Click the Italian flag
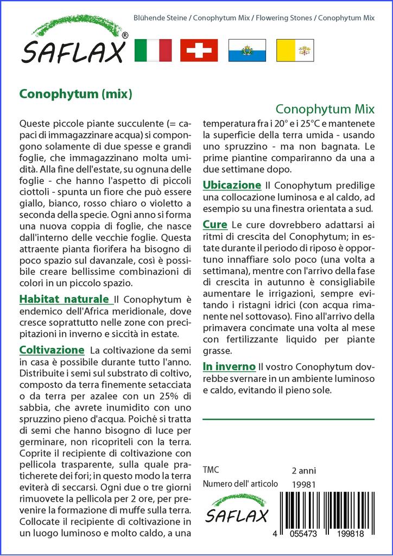coord(153,50)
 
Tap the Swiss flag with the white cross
coord(199,50)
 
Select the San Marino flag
coord(247,50)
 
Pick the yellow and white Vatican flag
coord(295,50)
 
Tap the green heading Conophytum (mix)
coord(76,94)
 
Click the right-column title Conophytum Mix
coord(325,109)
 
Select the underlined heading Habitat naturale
coord(64,299)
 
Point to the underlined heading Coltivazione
coord(52,350)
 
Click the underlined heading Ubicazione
coord(232,185)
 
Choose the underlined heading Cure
coord(215,224)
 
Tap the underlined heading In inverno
coord(229,367)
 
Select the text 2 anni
coord(303,470)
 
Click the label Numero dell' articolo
coord(240,484)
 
